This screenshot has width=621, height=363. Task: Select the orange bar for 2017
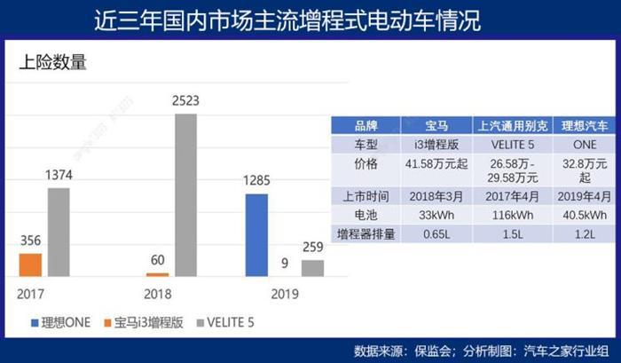pyautogui.click(x=29, y=264)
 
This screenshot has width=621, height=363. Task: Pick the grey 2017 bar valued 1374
pyautogui.click(x=59, y=232)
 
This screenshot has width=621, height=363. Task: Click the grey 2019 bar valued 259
pyautogui.click(x=312, y=267)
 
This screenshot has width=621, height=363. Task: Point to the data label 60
pyautogui.click(x=158, y=259)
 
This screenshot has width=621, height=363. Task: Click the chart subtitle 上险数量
pyautogui.click(x=52, y=63)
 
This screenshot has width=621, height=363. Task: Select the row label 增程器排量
pyautogui.click(x=366, y=234)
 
